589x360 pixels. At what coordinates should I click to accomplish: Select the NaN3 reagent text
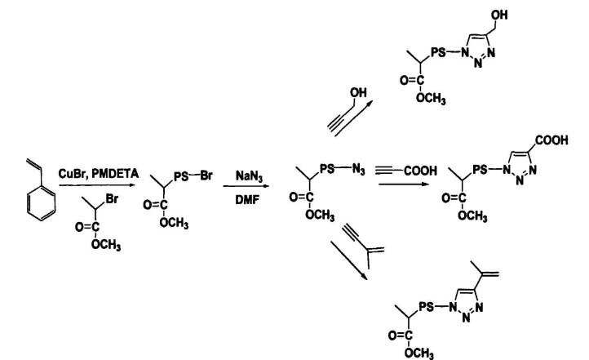(x=250, y=172)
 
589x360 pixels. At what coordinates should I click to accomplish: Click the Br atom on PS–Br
(x=207, y=173)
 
